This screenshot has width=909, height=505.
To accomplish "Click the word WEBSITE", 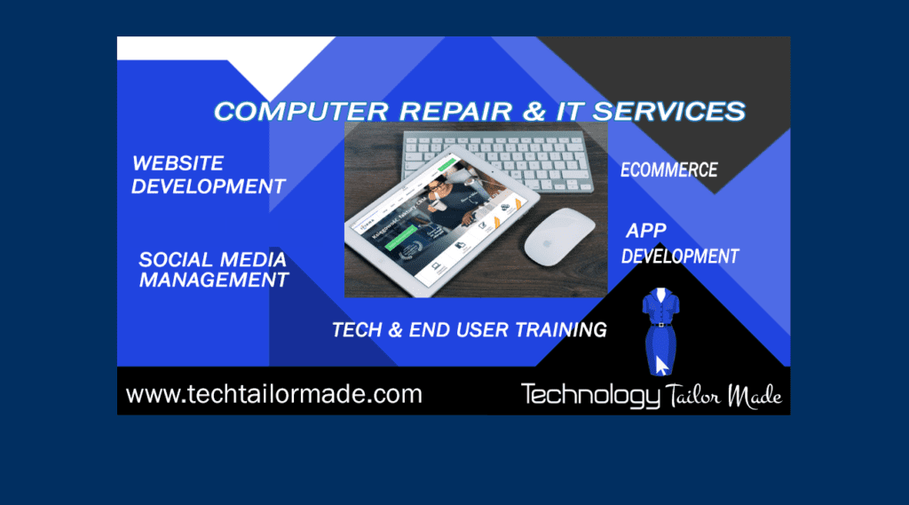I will click(x=178, y=164).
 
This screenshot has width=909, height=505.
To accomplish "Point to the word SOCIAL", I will click(x=176, y=260).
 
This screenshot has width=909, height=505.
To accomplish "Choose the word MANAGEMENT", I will click(x=214, y=280).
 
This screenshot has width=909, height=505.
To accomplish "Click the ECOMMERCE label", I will click(x=669, y=170).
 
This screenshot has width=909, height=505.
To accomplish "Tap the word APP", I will click(x=646, y=232).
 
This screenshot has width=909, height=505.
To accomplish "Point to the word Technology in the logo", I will click(x=589, y=395).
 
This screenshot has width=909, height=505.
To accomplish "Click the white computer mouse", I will click(x=558, y=235).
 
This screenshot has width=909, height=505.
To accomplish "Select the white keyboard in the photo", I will click(x=497, y=156).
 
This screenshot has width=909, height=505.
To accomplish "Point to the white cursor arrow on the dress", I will click(x=661, y=365).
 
